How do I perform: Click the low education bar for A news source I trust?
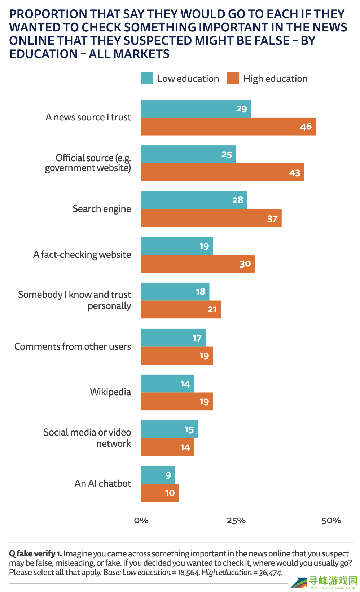196,109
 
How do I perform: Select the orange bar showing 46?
228,127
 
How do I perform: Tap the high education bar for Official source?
222,172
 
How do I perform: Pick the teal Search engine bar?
194,200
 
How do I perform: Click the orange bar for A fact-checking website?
198,264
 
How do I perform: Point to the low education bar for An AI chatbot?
158,475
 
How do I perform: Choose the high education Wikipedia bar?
177,402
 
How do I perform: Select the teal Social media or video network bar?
169,429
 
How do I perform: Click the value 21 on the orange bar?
212,309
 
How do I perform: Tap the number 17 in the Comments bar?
197,338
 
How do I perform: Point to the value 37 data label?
272,218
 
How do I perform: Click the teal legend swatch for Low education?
147,79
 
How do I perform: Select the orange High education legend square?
233,79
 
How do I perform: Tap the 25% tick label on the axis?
236,521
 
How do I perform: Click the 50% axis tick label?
331,521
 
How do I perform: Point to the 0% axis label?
141,521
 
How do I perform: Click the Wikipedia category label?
110,392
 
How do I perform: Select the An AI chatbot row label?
103,483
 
